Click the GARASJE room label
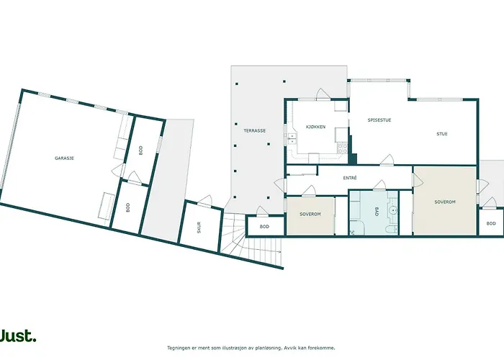tap(64, 158)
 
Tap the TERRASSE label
tap(255, 131)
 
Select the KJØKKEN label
tap(315, 127)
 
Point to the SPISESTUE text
tap(379, 120)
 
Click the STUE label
tap(442, 134)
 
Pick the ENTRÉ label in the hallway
tap(350, 178)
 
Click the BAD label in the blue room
tap(377, 212)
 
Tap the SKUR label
tap(199, 228)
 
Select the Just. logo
tap(18, 336)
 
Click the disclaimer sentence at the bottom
tap(251, 348)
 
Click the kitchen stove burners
tap(342, 148)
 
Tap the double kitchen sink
tap(292, 138)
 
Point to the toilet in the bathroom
tap(392, 229)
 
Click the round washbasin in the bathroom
tap(392, 210)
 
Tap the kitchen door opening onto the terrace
tap(323, 94)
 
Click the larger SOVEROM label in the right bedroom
tap(445, 202)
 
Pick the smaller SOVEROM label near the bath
tap(310, 214)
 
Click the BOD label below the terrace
tap(264, 227)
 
